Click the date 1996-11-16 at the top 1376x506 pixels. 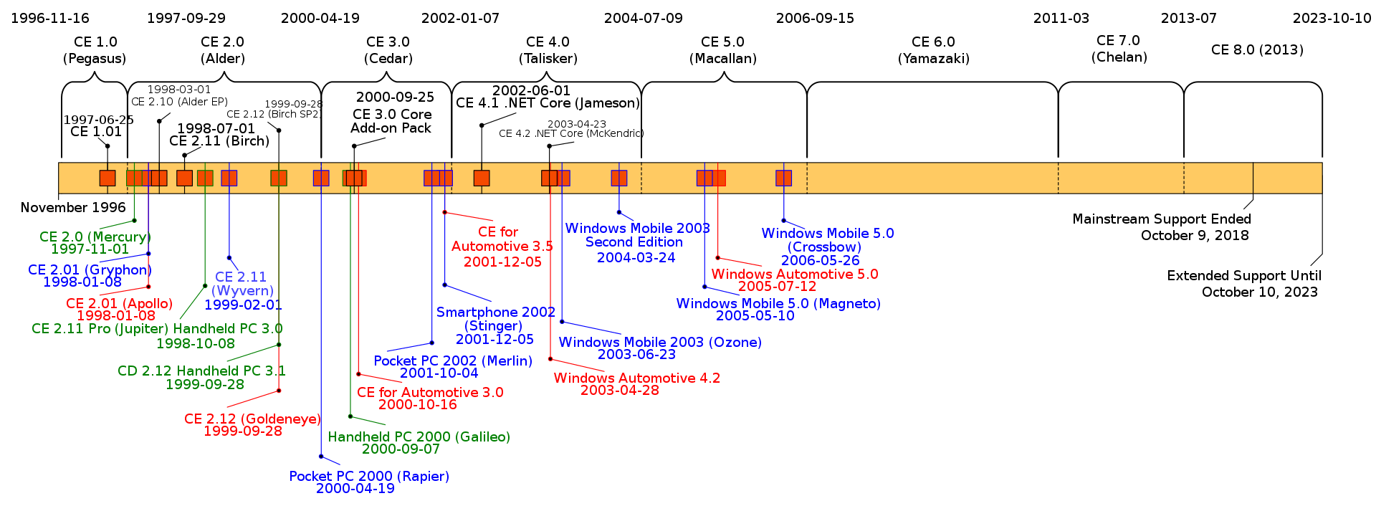tap(50, 18)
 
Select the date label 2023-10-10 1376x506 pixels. tap(1332, 18)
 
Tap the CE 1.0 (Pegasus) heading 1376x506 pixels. tap(95, 50)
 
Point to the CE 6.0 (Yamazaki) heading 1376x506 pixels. tap(933, 50)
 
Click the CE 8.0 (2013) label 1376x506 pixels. tap(1257, 49)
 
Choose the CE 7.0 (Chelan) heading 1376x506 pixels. tap(1119, 49)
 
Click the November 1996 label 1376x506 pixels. tap(73, 207)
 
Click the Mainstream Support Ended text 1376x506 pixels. tap(1161, 219)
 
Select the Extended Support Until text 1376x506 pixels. tap(1243, 275)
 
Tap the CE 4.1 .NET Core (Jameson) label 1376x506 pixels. tap(548, 102)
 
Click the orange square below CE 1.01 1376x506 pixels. tap(107, 178)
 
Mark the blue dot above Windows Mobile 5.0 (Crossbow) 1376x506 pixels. tap(783, 221)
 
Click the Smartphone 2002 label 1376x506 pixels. tap(495, 312)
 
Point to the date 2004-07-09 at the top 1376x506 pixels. tap(643, 18)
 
